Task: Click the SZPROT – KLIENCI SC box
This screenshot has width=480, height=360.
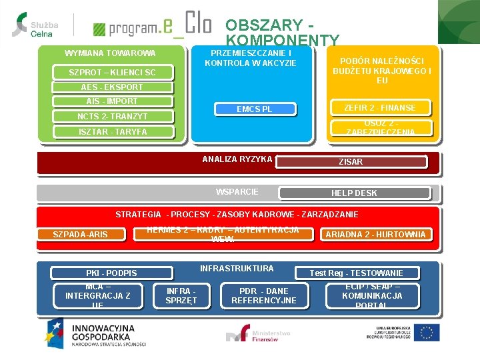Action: [x=113, y=72]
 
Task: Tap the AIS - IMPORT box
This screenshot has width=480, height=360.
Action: [x=112, y=101]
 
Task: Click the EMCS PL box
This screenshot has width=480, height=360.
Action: [x=255, y=109]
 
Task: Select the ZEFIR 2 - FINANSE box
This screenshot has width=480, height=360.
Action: [x=379, y=107]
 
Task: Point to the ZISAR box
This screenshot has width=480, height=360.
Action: [x=351, y=161]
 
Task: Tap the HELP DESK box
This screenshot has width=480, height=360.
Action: [x=354, y=193]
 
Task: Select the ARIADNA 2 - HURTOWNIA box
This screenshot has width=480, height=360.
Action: [x=376, y=234]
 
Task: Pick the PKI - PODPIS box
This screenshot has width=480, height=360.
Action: [x=111, y=273]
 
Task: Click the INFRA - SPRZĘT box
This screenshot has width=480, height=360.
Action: [x=181, y=295]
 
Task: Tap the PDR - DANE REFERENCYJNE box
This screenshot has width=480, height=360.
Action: [x=264, y=295]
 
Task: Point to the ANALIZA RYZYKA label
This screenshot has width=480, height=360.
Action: [x=237, y=159]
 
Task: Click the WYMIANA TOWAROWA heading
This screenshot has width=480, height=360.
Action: [x=110, y=53]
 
